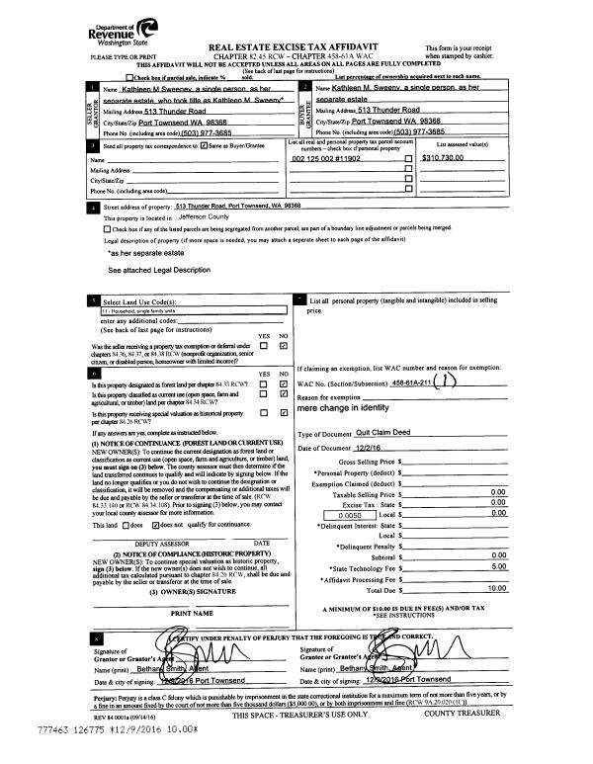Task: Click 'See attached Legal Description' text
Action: coord(159,270)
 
